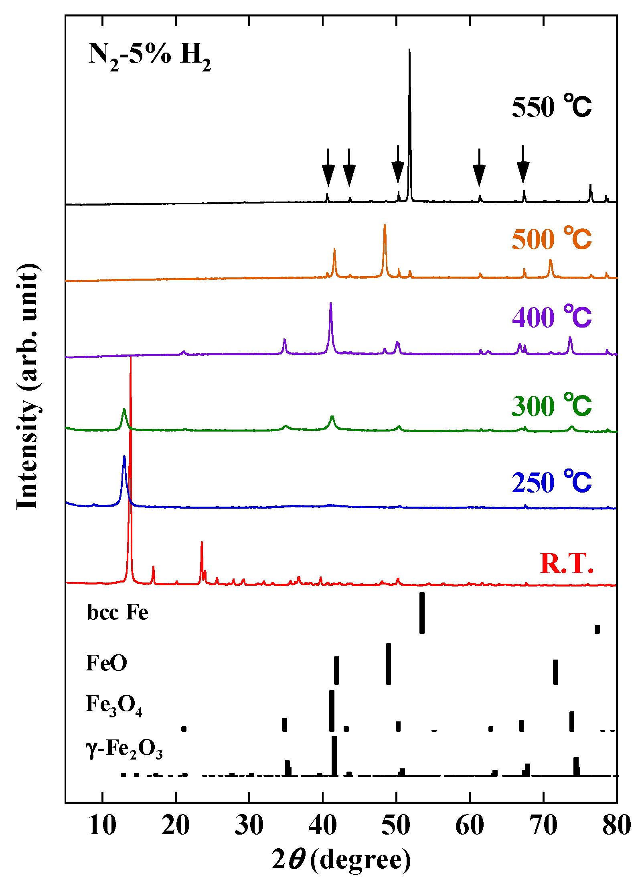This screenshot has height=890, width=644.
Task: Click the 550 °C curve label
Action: point(551,107)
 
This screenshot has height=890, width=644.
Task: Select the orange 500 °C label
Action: point(551,239)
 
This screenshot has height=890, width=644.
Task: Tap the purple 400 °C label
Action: point(551,317)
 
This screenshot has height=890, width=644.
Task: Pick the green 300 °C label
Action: point(551,406)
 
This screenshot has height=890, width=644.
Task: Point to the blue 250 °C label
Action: point(551,482)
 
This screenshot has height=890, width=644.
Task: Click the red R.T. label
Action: point(566,564)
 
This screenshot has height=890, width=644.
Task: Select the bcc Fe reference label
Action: point(117,613)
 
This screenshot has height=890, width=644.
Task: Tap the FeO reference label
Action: point(106,663)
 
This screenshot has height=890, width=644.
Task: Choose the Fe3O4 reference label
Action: point(114,705)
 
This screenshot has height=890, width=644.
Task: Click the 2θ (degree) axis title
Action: point(341,860)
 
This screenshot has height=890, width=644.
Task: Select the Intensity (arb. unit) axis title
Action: point(28,386)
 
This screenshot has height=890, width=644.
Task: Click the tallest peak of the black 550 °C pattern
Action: point(409,50)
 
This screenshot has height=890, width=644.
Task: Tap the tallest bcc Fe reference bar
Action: point(422,613)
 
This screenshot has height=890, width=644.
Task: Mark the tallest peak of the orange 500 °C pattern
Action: point(385,226)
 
